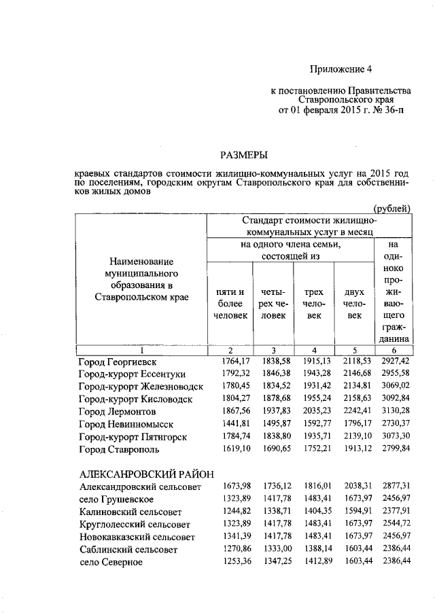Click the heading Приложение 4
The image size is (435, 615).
point(341,69)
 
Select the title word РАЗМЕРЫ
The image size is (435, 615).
point(243,156)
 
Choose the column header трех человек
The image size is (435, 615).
point(313,304)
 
